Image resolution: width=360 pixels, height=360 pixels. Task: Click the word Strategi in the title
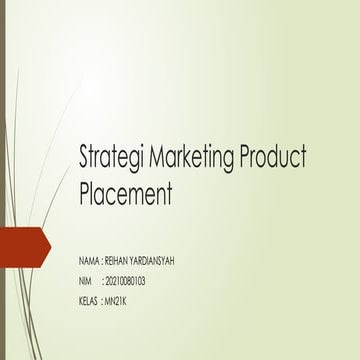[109, 158]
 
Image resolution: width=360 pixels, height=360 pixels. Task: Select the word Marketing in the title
[186, 158]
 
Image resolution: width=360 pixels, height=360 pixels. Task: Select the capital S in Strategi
[84, 157]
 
